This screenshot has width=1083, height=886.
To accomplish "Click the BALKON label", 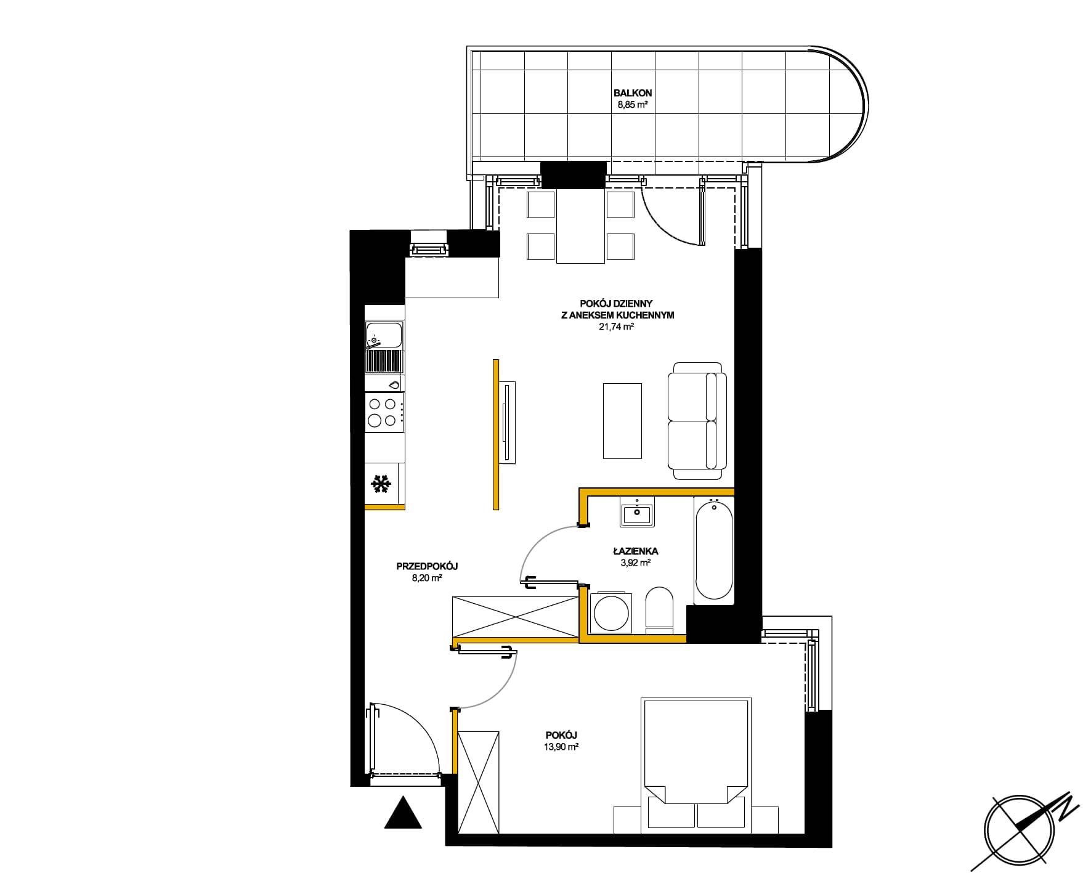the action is (633, 93).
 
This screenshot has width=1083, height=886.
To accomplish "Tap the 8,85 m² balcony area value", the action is (633, 105).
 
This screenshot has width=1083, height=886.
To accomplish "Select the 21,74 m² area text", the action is (616, 327).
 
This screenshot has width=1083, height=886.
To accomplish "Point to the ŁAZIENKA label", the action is (636, 551).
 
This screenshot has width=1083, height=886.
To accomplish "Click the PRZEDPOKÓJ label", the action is (427, 566).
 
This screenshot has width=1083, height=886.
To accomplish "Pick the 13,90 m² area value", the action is (561, 747).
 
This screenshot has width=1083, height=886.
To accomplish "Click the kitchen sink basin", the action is (383, 336).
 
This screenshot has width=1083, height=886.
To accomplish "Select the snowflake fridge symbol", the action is (381, 484).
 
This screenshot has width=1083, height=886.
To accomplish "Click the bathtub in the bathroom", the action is (714, 550).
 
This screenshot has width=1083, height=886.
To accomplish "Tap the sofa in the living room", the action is (697, 421).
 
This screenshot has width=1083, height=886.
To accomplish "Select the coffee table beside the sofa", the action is (622, 421).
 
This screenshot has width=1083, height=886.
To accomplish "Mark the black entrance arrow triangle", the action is (403, 812).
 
